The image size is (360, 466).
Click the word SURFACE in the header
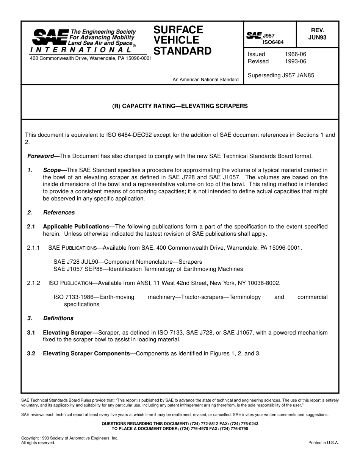point(178,30)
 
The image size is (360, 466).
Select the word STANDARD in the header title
point(182,51)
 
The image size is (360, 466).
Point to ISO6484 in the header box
point(273,42)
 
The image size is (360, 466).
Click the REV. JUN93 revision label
point(317,34)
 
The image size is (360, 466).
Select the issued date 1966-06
point(295,54)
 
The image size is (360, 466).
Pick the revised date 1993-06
point(295,61)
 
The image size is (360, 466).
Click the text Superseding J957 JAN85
point(281,75)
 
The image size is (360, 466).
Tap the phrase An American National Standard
point(205,80)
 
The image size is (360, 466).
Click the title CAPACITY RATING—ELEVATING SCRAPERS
point(180,106)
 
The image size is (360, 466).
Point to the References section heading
point(59,213)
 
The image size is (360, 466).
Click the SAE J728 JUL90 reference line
point(128,262)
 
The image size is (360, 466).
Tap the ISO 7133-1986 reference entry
point(94,297)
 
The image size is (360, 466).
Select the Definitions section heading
point(58,318)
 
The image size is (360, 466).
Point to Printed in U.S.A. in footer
point(324,443)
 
